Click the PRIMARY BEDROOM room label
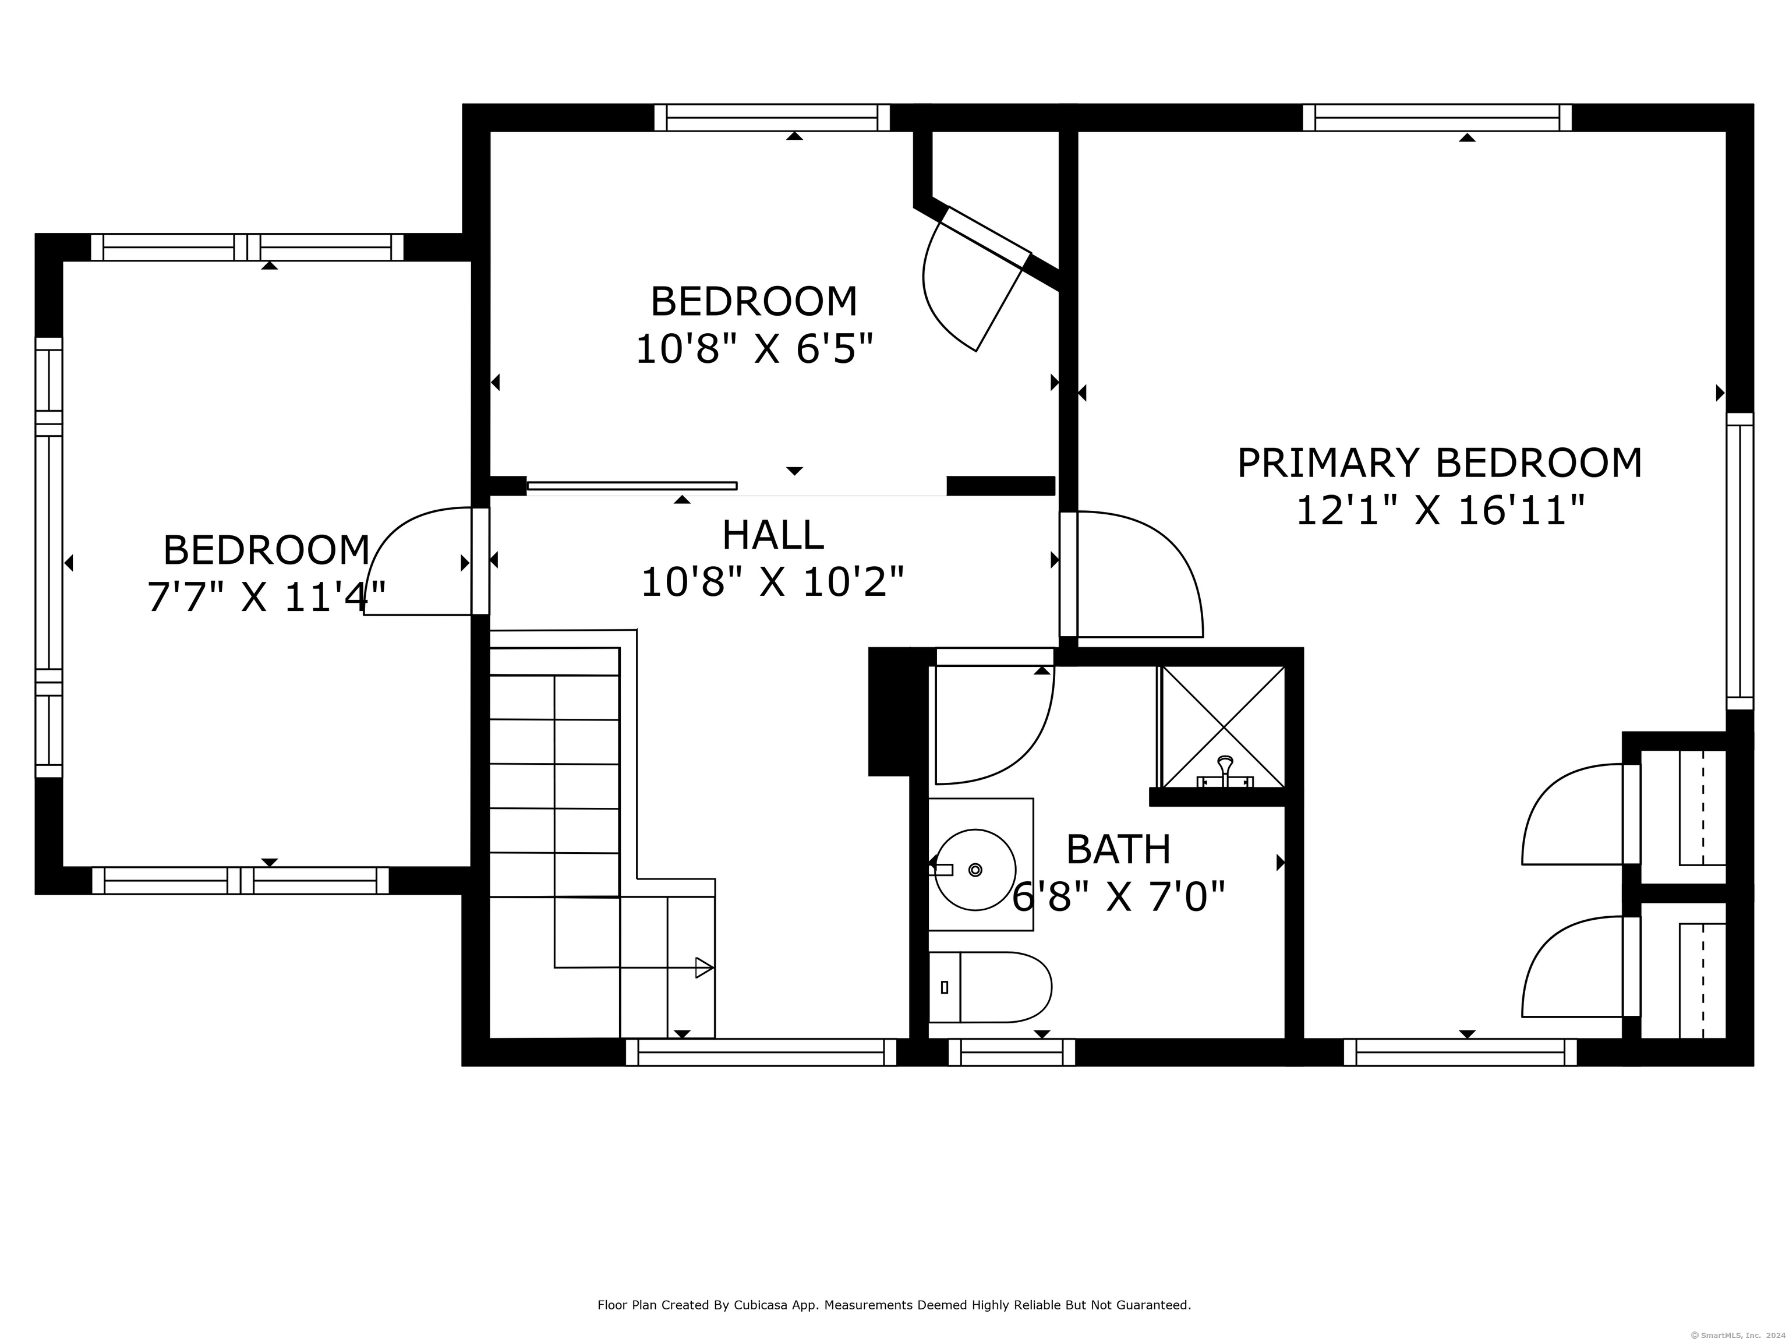1440,464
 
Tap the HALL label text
772,535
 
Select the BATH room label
1119,849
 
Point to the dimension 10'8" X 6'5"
755,349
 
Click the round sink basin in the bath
975,870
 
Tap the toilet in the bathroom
989,987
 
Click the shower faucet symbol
1225,772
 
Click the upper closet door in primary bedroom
1581,814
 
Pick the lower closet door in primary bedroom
1581,967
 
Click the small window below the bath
1012,1053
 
